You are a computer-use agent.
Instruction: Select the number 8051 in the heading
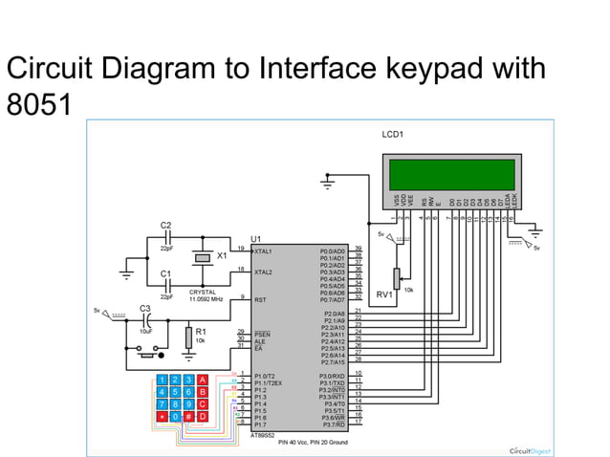pos(38,103)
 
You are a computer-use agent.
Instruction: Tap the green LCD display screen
pos(454,173)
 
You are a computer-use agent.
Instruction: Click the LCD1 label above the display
pos(392,134)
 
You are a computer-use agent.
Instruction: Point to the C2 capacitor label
pos(165,225)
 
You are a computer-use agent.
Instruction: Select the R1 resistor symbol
pos(187,337)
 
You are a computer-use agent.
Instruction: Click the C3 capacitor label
pos(145,308)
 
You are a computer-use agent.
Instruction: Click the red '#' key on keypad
pos(188,416)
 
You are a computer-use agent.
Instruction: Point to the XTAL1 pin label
pos(263,250)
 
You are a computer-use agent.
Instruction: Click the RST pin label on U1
pos(259,299)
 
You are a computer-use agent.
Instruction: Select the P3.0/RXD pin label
pos(332,377)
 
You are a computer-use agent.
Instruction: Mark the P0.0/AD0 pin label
pos(332,250)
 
